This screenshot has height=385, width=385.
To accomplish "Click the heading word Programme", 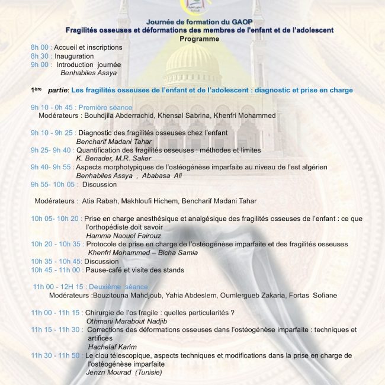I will (199, 38).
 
